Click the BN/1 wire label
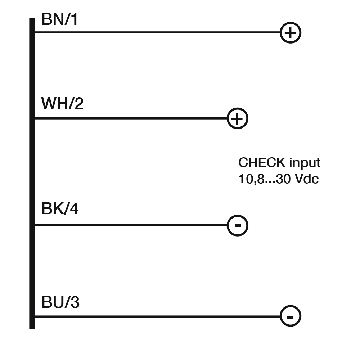[59, 20]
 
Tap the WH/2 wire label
[62, 104]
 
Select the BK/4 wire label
[60, 209]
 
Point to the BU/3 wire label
[60, 303]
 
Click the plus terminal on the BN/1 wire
[290, 33]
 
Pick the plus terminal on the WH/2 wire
[238, 118]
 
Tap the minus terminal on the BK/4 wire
[238, 226]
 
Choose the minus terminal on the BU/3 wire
[290, 316]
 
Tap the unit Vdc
[307, 179]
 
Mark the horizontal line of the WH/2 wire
[130, 118]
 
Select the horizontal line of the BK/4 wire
[130, 225]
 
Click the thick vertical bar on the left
[32, 173]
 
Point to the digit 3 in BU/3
[74, 303]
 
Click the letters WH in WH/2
[53, 104]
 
